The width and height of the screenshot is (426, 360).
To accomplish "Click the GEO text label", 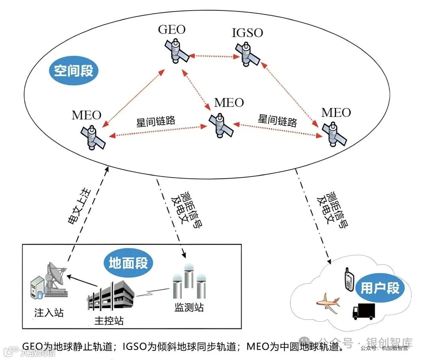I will pos(172,30).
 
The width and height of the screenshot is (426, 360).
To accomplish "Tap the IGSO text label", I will pos(247,32).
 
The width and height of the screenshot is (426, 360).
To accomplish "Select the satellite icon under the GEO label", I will pos(176,52).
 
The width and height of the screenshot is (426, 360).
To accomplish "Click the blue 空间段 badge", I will pos(74,71).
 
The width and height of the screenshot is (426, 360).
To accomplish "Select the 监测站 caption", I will pos(189,307).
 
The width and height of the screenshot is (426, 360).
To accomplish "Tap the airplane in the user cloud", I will pos(328,302).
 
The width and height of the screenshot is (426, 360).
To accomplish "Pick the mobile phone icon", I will pos(348,279).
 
